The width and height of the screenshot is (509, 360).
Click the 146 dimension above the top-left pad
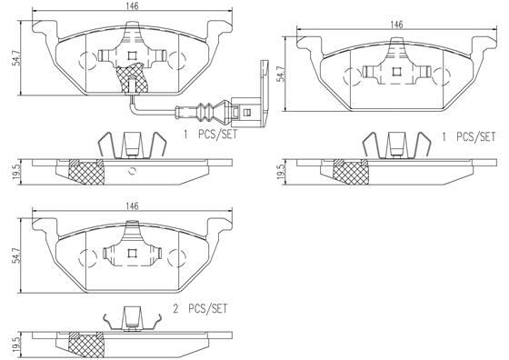tap(132, 5)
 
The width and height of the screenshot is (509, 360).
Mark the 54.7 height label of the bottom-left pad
tap(8, 257)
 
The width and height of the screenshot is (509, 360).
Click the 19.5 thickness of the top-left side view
tap(8, 171)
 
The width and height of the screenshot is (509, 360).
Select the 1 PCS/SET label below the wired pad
tap(210, 135)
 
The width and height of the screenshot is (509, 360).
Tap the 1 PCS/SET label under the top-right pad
tap(469, 135)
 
